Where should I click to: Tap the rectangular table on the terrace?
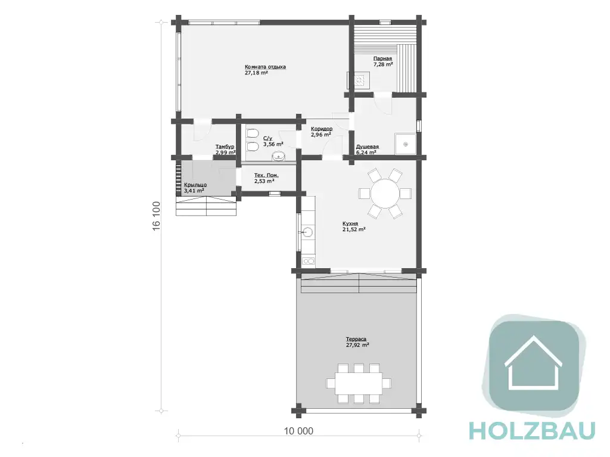(x=358, y=384)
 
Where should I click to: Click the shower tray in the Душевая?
(x=405, y=144)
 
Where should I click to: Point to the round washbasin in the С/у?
(x=279, y=157)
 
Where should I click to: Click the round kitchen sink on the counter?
(x=308, y=232)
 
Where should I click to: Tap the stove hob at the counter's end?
(x=309, y=261)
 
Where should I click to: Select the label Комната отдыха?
(x=265, y=67)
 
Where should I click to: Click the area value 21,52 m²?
(x=354, y=229)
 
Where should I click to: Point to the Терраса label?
(x=356, y=339)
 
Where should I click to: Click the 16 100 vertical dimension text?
(x=157, y=216)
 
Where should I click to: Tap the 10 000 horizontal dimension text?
(x=299, y=431)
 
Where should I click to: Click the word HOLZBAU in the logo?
(x=533, y=431)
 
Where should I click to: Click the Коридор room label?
(x=322, y=129)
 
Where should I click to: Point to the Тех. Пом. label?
(x=266, y=175)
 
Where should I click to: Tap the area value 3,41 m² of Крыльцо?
(x=194, y=191)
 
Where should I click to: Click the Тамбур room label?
(x=225, y=147)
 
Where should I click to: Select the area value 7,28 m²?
(x=383, y=64)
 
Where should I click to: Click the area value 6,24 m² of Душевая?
(x=366, y=153)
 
